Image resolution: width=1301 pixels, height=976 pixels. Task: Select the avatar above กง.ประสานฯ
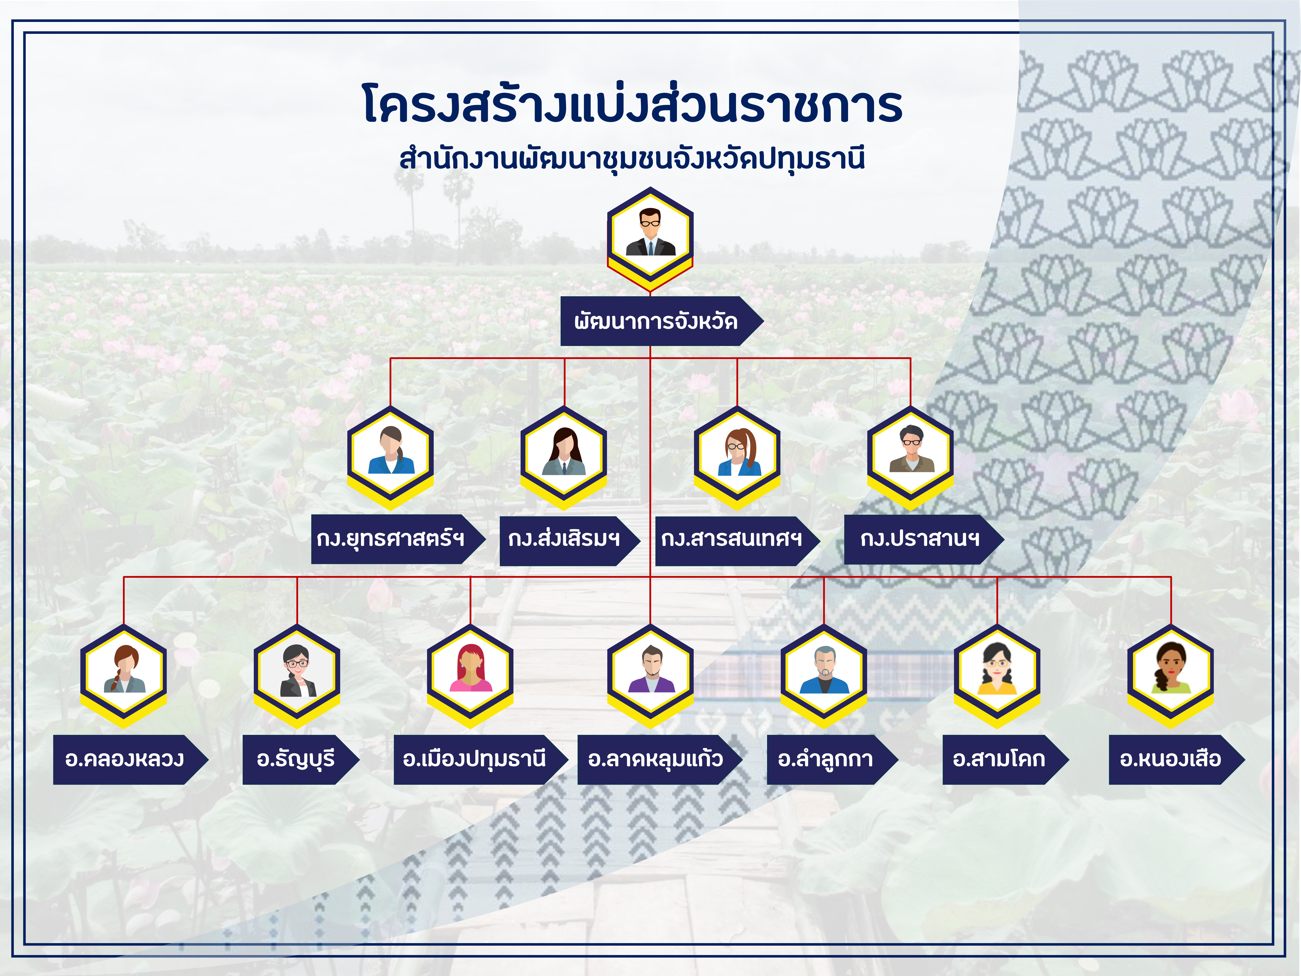[x=910, y=457]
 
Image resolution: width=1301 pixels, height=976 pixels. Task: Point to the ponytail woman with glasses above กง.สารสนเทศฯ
[x=737, y=457]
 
